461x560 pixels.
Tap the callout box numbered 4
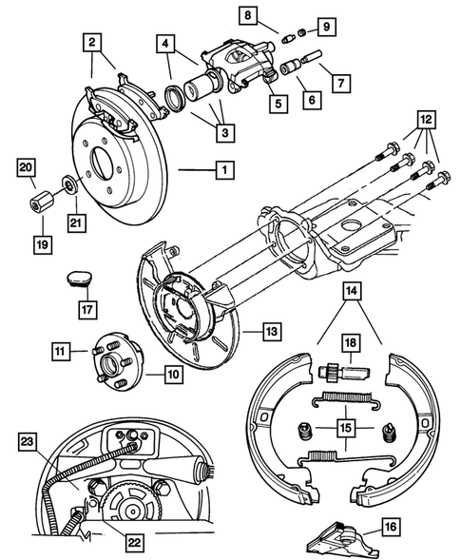point(165,44)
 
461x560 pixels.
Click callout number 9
point(324,26)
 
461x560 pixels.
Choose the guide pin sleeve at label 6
point(290,68)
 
